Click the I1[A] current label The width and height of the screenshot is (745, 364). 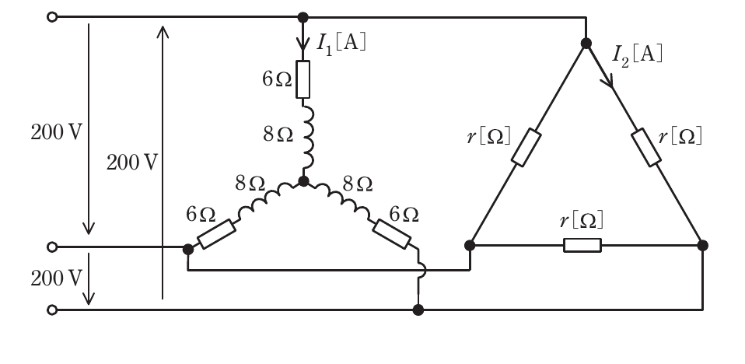click(341, 44)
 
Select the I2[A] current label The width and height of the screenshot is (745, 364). click(637, 55)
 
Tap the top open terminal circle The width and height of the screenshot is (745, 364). click(52, 17)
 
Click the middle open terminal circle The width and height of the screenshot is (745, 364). click(52, 247)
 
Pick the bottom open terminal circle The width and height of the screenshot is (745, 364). click(52, 310)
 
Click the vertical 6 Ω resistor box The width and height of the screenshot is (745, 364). click(303, 79)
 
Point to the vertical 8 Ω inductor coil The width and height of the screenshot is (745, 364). click(307, 138)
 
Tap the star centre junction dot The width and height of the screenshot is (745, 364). click(303, 181)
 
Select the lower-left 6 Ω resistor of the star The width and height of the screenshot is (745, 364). click(217, 234)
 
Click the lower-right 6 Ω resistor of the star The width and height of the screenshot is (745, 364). click(391, 234)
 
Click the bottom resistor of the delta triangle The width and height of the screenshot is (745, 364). click(582, 245)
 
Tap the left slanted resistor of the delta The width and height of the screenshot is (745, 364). click(526, 147)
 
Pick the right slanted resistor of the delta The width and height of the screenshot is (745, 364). click(646, 147)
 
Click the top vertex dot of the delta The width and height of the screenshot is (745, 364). click(586, 44)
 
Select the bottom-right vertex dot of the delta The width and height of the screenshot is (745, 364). click(703, 245)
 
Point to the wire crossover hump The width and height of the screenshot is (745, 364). click(423, 271)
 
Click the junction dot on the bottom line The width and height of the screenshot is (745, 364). click(418, 310)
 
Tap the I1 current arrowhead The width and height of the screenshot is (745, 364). click(303, 44)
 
